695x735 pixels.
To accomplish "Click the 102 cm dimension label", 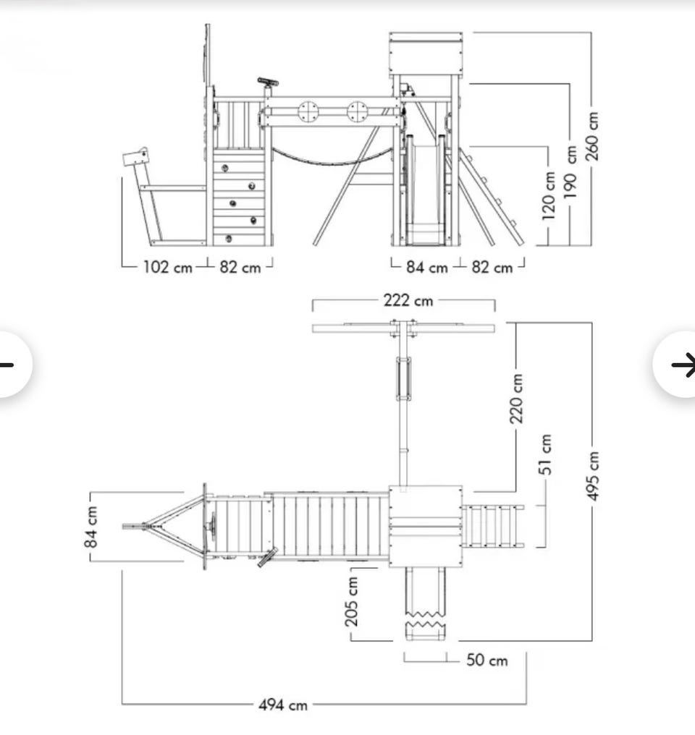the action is (167, 267).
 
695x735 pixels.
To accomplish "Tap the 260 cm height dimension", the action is (591, 136).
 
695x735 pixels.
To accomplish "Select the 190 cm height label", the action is (570, 171).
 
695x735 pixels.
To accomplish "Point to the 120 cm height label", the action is (548, 195).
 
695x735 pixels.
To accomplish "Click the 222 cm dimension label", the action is (408, 300).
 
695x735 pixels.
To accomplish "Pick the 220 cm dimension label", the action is (516, 399).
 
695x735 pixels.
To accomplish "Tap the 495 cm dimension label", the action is (593, 476).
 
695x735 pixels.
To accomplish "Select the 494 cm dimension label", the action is (283, 705).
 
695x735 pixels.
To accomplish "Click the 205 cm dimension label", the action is (351, 602).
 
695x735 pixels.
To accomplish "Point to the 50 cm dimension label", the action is (486, 660).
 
